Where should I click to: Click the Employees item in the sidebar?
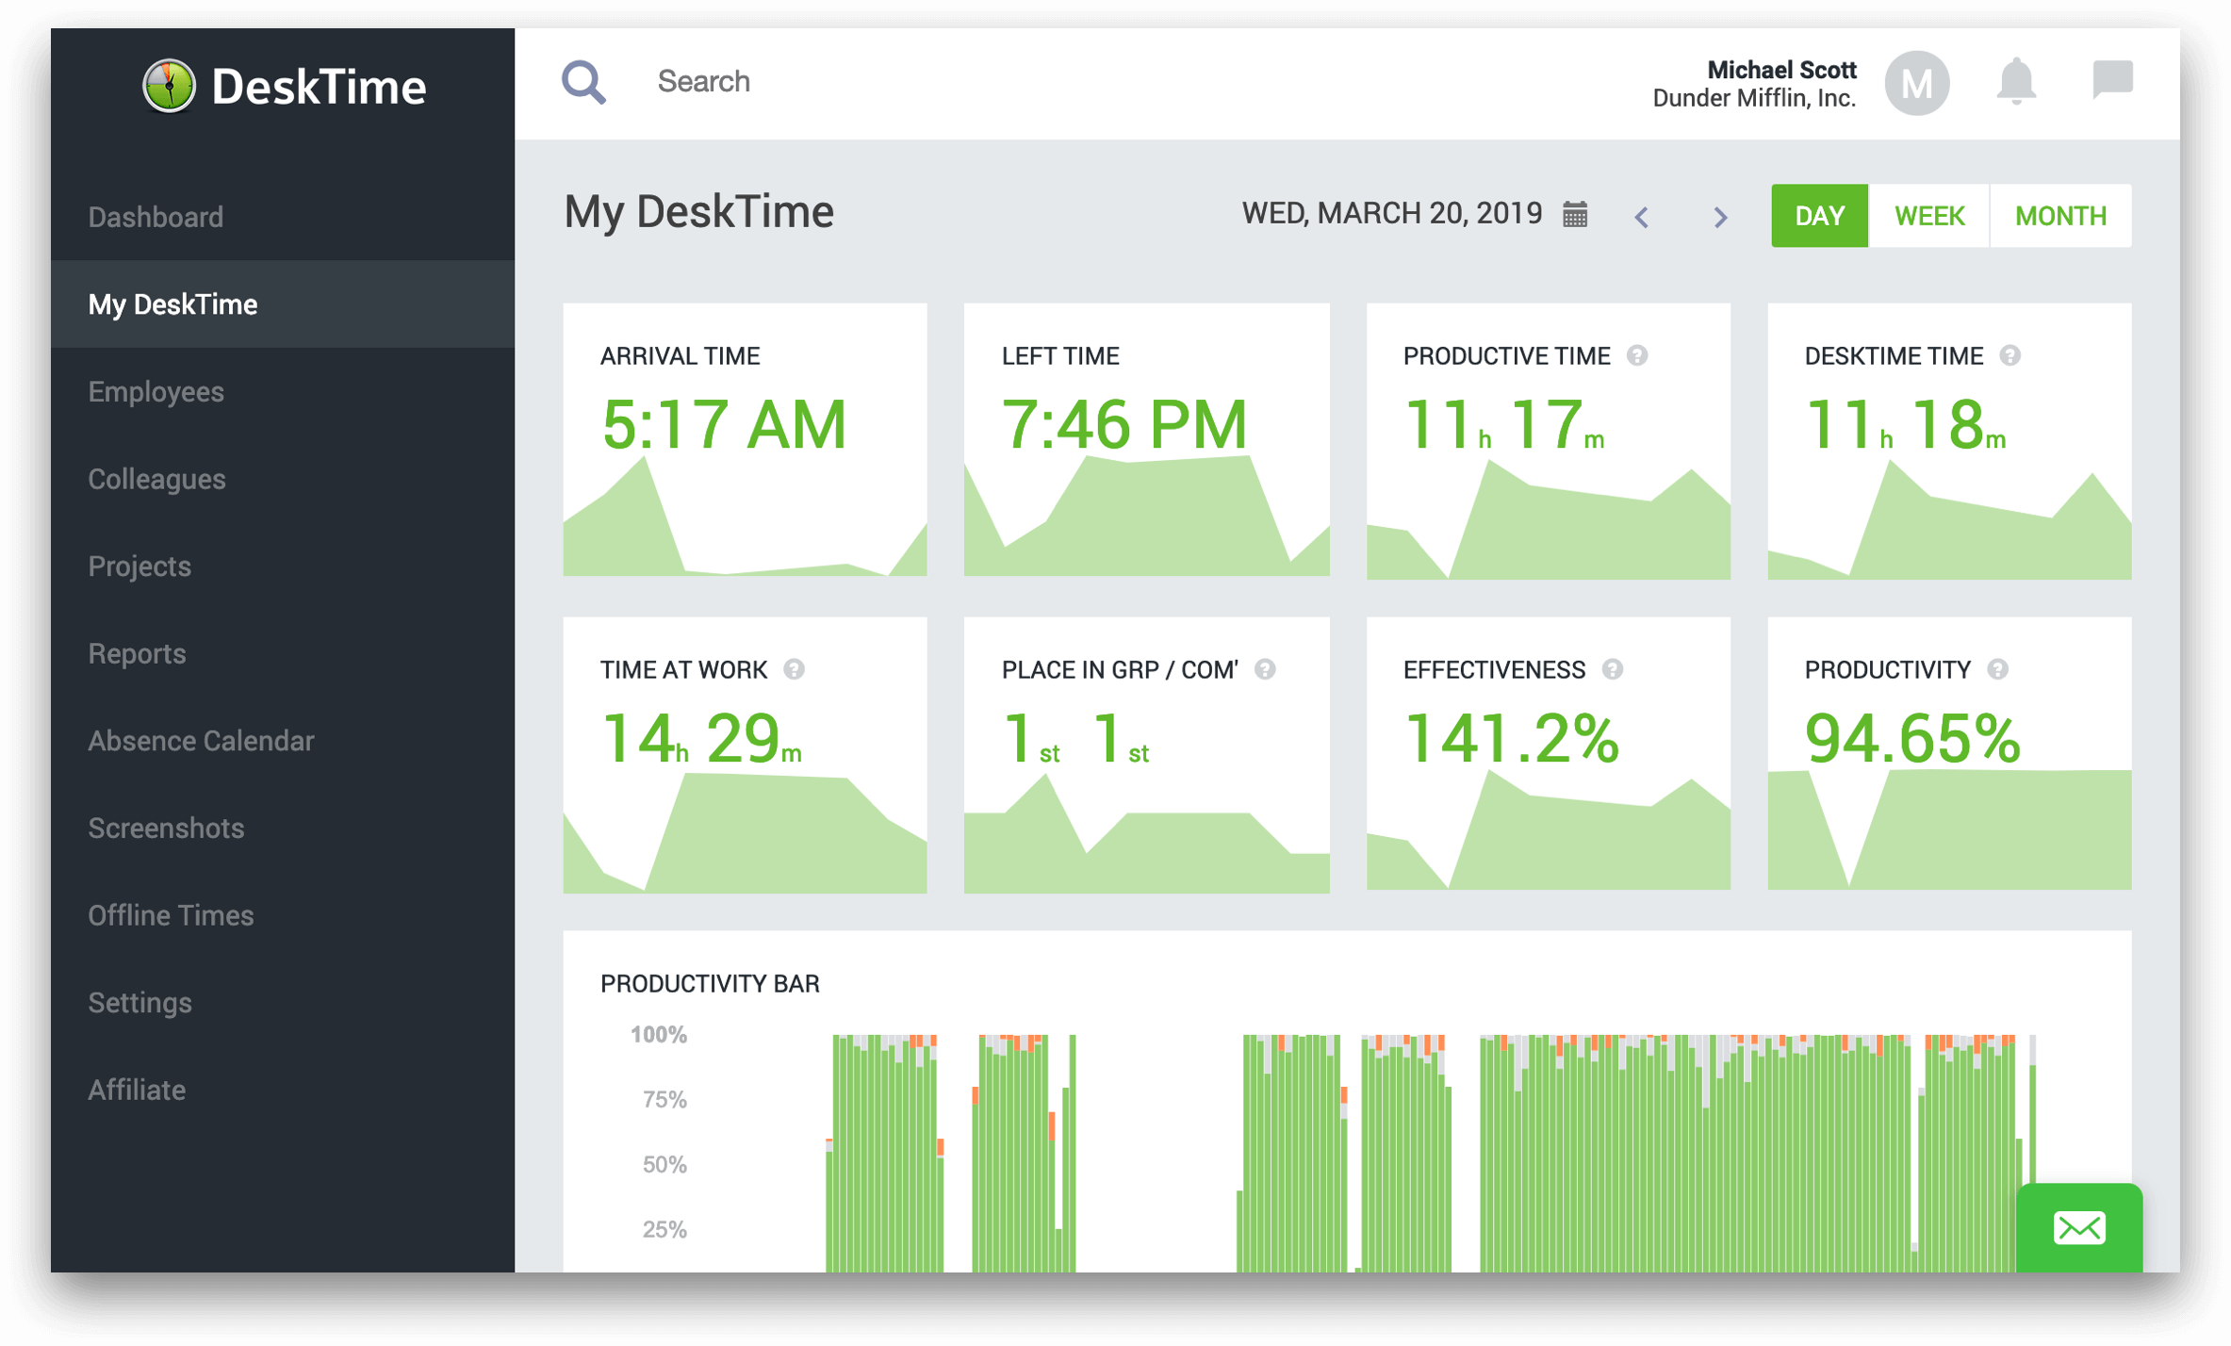pyautogui.click(x=156, y=391)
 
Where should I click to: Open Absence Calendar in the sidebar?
pyautogui.click(x=201, y=741)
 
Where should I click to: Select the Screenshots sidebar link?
pyautogui.click(x=166, y=828)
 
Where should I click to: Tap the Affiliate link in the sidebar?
pyautogui.click(x=137, y=1090)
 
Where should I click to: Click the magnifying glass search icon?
pyautogui.click(x=583, y=83)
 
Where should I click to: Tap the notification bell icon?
pyautogui.click(x=2015, y=81)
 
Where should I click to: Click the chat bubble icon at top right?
pyautogui.click(x=2112, y=79)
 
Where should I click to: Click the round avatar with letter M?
pyautogui.click(x=1916, y=83)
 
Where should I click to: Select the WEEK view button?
pyautogui.click(x=1928, y=216)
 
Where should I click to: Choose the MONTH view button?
pyautogui.click(x=2059, y=216)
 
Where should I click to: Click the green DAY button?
pyautogui.click(x=1818, y=216)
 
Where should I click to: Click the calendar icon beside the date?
pyautogui.click(x=1575, y=214)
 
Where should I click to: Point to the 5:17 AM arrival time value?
pyautogui.click(x=724, y=425)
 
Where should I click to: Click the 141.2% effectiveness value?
pyautogui.click(x=1511, y=738)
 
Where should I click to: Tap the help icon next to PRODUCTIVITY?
pyautogui.click(x=1997, y=669)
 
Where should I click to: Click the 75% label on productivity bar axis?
pyautogui.click(x=664, y=1099)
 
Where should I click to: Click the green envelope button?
pyautogui.click(x=2078, y=1228)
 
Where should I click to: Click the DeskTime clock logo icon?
pyautogui.click(x=170, y=86)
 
